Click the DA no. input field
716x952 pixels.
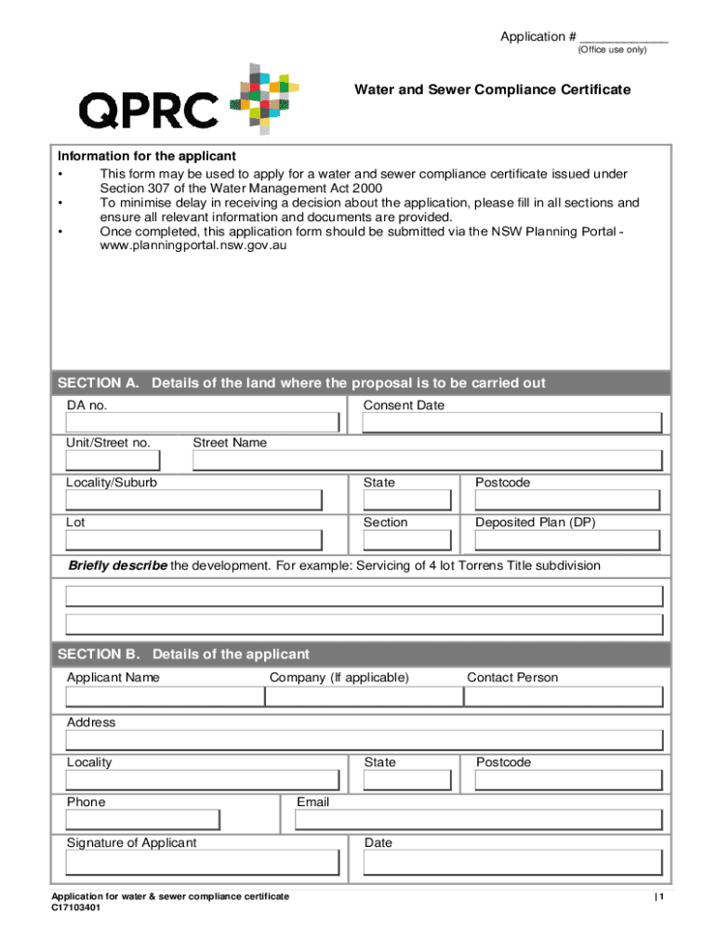pos(202,423)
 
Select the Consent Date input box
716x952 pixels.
pos(512,423)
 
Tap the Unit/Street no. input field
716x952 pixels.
pos(113,461)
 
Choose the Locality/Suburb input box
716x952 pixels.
pos(193,500)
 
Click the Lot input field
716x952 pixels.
pos(193,540)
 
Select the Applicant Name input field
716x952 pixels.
pos(165,696)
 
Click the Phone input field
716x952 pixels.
pos(142,820)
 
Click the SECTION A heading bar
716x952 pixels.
pos(362,383)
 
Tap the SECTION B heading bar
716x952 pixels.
pos(362,654)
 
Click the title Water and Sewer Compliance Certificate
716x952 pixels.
pos(492,89)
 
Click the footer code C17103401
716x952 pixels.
pos(76,908)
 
